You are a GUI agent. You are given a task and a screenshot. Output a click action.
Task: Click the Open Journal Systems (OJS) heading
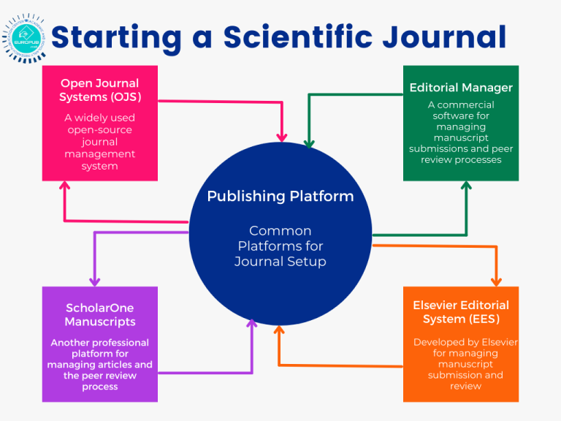[x=99, y=91]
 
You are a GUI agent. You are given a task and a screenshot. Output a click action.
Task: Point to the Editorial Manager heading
[x=461, y=88]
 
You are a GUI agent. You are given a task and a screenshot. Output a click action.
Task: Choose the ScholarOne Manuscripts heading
[x=99, y=315]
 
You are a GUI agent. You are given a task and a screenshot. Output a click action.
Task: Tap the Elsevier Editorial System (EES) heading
[x=461, y=312]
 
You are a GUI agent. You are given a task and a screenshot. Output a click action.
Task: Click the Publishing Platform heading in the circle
[x=280, y=196]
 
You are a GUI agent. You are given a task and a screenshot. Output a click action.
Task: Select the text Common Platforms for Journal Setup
[x=280, y=246]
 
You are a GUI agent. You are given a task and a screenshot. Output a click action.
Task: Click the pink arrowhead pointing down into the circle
[x=282, y=136]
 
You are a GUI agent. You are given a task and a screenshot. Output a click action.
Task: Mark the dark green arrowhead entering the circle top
[x=308, y=143]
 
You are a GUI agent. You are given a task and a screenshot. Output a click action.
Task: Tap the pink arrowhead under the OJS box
[x=65, y=187]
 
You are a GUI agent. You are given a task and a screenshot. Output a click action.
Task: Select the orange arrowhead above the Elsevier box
[x=497, y=280]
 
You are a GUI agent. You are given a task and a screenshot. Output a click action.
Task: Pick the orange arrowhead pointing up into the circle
[x=278, y=331]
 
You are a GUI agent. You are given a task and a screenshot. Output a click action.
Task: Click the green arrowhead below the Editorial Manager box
[x=466, y=187]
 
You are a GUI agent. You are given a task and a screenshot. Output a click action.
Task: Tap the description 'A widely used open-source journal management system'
[x=99, y=142]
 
